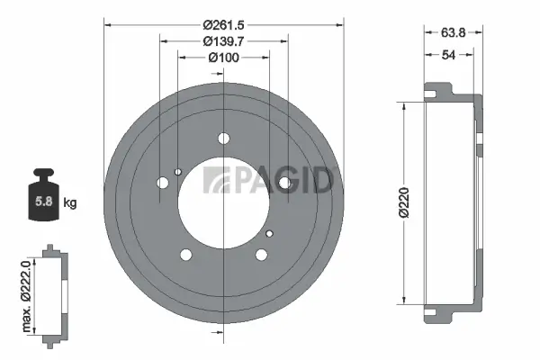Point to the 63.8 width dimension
[453, 32]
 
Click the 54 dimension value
[447, 55]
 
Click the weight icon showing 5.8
[44, 193]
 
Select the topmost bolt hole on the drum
[223, 139]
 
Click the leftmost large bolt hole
[163, 184]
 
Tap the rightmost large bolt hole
[284, 183]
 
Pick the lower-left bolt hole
[186, 254]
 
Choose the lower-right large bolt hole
[261, 254]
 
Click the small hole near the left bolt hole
[178, 173]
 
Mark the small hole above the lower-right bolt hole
[268, 233]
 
